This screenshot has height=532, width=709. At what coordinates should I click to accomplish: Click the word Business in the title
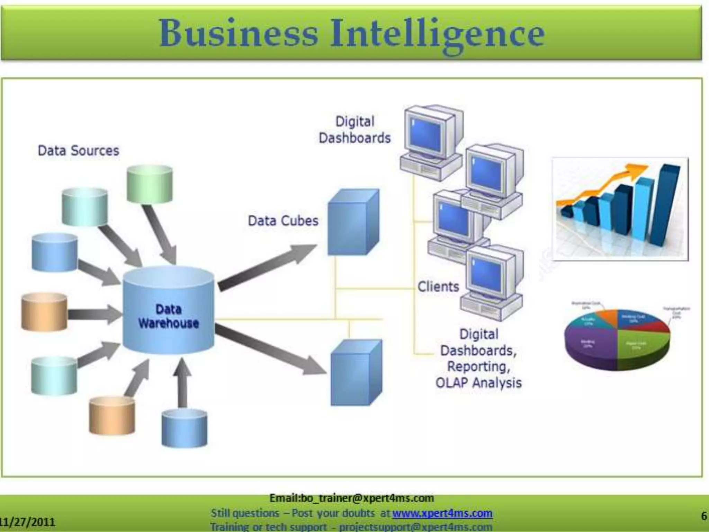(238, 34)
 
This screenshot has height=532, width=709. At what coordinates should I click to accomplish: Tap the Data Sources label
(78, 151)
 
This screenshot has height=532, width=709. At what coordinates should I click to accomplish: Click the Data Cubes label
(283, 221)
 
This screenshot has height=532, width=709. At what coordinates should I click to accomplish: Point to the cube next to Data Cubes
(353, 222)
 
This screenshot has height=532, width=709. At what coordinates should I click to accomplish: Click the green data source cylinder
(150, 184)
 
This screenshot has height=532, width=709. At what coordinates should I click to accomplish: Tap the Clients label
(438, 287)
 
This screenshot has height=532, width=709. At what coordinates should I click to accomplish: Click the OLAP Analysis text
(478, 383)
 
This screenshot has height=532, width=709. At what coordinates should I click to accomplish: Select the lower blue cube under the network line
(356, 373)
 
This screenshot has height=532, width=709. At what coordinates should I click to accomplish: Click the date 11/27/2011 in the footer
(28, 522)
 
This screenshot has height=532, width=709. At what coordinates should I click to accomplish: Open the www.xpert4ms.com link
(442, 513)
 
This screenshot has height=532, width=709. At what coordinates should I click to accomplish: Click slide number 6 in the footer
(704, 516)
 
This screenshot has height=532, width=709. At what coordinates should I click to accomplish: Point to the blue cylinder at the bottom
(185, 428)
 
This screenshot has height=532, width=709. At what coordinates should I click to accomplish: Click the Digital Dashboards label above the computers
(354, 130)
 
